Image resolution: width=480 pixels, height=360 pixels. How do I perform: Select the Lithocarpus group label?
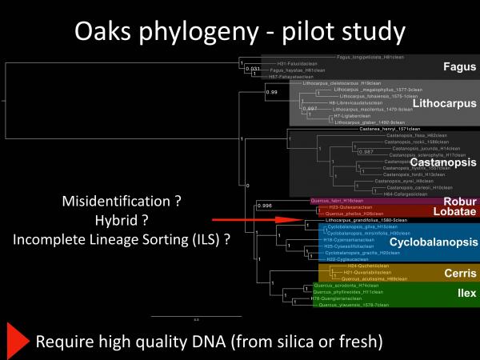444,103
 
